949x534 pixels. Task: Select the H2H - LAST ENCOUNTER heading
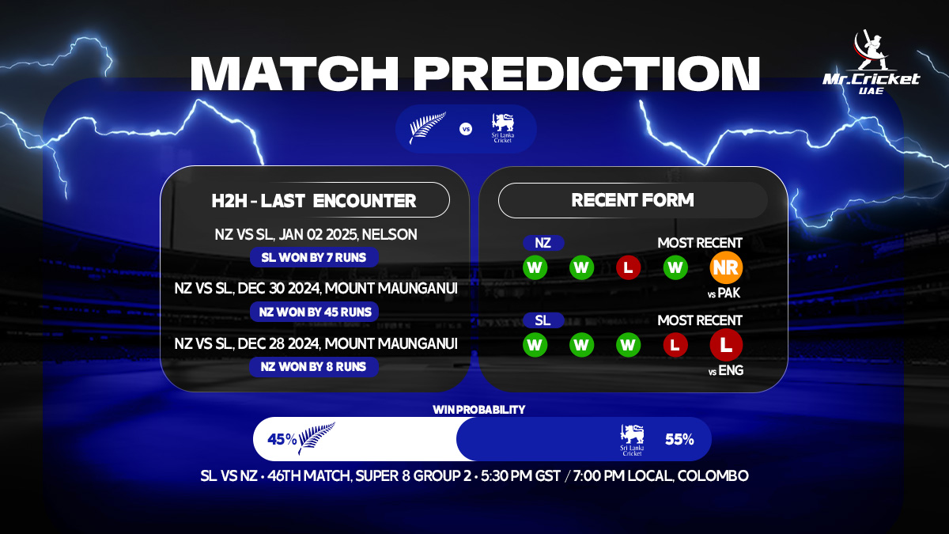coord(314,200)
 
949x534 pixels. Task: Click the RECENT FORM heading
coord(633,200)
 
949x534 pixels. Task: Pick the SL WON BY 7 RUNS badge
coord(314,257)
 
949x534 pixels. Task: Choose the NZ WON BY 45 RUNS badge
coord(314,312)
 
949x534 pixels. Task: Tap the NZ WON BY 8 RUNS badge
coord(314,367)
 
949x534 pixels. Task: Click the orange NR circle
coord(726,268)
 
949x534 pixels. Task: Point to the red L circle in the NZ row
coord(628,268)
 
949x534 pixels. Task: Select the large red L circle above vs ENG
coord(726,346)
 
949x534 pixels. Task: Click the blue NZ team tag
coord(543,243)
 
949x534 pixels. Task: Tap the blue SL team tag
coord(543,320)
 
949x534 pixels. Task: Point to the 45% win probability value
coord(282,439)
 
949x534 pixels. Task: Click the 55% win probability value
coord(679,439)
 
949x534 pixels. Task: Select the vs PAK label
coord(726,294)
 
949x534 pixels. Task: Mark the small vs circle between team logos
coord(466,128)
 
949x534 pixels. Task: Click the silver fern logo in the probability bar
coord(316,438)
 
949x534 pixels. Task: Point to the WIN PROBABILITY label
coord(478,410)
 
